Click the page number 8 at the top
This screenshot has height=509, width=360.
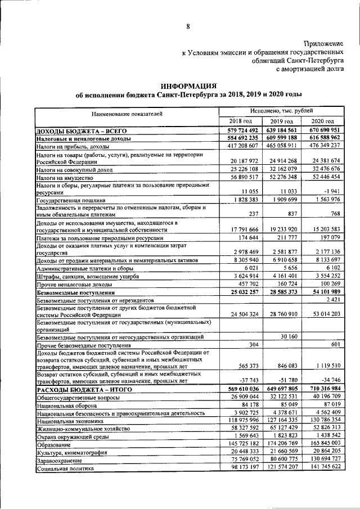[188, 26]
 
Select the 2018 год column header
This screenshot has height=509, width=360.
[240, 121]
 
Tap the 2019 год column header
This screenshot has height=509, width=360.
[281, 121]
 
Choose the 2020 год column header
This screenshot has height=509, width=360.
[322, 121]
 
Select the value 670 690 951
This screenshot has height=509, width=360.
[322, 130]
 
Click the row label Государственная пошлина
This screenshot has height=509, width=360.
[70, 200]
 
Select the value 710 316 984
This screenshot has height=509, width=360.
[322, 390]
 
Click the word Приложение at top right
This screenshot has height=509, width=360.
[323, 43]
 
